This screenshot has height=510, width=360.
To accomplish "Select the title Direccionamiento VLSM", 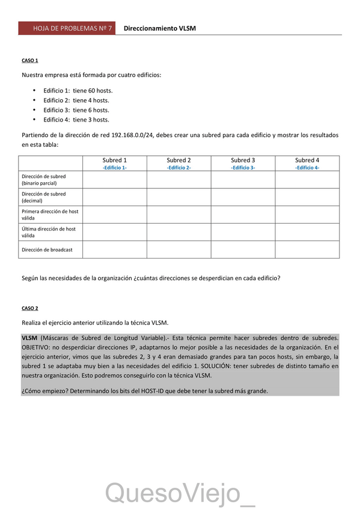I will pos(159,28).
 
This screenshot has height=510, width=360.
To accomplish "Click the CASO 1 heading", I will pos(30,61).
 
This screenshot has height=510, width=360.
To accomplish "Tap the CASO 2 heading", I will pos(30,308).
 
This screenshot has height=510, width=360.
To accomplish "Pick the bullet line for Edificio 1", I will pos(78,91).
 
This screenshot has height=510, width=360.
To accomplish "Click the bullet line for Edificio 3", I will pos(76,110).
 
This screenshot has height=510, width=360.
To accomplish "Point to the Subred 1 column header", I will pos(115,161).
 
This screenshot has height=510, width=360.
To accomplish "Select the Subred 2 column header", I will pos(179,161).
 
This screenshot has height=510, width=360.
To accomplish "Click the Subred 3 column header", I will pos(243,161).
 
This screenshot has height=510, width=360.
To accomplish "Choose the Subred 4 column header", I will pos(307,161).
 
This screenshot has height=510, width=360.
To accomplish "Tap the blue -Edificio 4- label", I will pos(307,168).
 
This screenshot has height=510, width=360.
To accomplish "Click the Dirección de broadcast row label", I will pos(47,250).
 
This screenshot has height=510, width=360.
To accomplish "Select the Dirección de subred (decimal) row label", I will pos(44,197).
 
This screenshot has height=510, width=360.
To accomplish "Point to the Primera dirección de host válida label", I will pos(49,215).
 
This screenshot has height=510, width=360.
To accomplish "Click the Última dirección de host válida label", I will pos(49,232).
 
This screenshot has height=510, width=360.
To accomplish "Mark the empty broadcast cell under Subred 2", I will pos(179,250).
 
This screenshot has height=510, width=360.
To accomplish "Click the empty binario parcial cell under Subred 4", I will pos(307,180).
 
